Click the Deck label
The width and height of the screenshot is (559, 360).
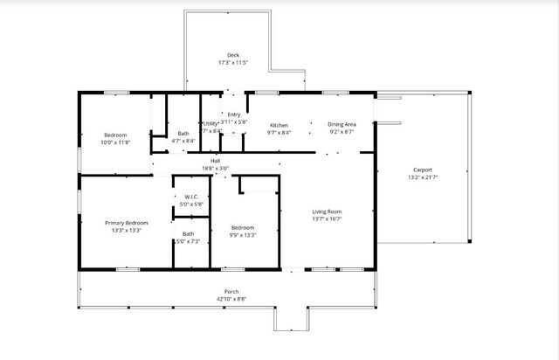pos(233,55)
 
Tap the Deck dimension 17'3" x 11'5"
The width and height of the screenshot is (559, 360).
pos(233,63)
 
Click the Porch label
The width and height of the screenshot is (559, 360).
pos(231,291)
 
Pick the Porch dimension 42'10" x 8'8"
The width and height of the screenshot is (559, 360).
pos(231,299)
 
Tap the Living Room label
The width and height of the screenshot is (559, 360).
pos(328,211)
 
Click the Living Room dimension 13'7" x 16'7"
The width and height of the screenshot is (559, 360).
pos(328,219)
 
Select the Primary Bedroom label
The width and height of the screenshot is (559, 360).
pos(127,223)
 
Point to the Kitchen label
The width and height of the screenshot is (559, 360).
pos(279,125)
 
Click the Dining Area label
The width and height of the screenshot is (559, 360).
pos(342,125)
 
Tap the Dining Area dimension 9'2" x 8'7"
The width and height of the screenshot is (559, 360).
pos(342,133)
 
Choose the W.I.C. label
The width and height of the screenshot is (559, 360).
pos(191,197)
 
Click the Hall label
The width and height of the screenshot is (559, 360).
pos(215,161)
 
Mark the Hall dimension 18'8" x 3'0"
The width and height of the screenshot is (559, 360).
pos(215,169)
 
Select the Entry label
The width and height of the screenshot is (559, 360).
pos(234,114)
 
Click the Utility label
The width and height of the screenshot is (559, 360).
pos(210,124)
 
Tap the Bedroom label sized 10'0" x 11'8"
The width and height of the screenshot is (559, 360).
pos(115,135)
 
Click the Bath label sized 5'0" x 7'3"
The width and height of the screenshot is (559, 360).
pos(189,233)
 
